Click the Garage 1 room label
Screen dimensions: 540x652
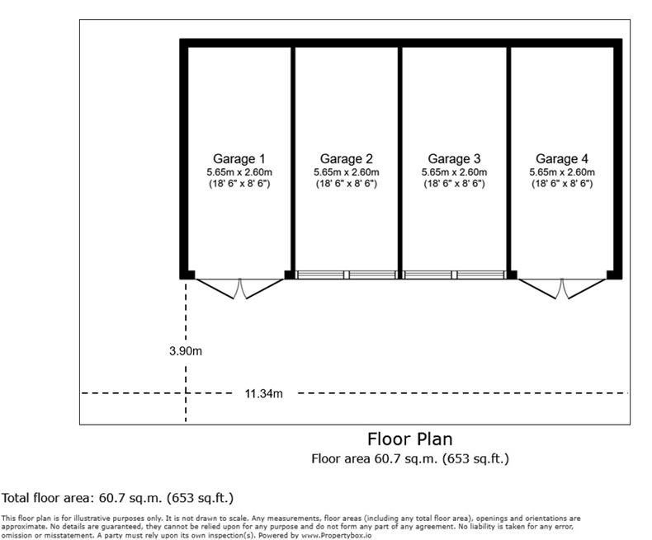[x=239, y=158]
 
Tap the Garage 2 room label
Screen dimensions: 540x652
[x=347, y=158]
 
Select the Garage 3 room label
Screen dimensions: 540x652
[x=454, y=158]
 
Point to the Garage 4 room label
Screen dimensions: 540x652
[x=562, y=158]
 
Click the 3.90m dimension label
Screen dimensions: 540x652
[x=186, y=350]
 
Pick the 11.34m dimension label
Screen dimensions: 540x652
[x=263, y=393]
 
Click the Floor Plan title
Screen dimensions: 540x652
[x=409, y=439]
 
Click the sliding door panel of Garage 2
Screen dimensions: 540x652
[x=347, y=275]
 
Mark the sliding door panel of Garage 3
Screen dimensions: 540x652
[x=454, y=275]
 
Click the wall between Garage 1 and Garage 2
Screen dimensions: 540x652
[x=292, y=157]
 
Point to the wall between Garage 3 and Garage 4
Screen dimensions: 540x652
[x=508, y=157]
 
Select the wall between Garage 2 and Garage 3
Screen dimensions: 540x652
[x=400, y=157]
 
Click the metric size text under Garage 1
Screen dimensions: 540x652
[x=239, y=171]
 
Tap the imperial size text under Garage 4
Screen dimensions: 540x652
[x=562, y=184]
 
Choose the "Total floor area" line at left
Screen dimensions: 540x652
[x=117, y=498]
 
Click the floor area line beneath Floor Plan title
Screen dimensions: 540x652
[x=409, y=458]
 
